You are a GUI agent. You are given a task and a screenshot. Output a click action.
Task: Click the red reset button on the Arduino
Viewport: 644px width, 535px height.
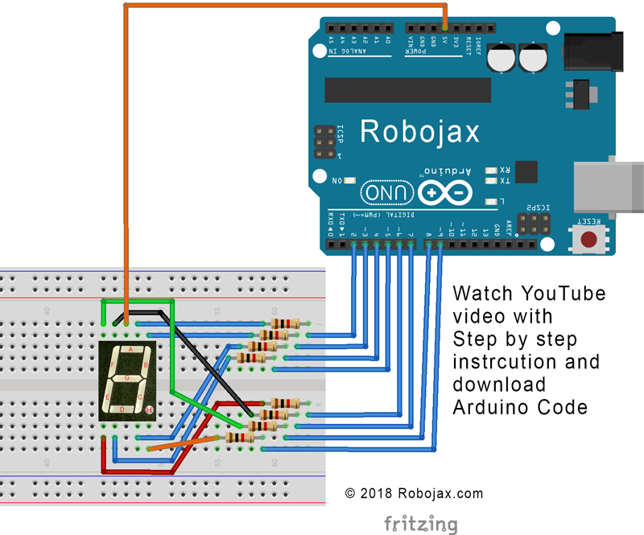[x=590, y=239]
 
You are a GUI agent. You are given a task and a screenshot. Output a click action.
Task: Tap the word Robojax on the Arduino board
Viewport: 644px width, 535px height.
[x=419, y=130]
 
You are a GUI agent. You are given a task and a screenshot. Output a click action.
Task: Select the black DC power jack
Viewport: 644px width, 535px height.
[x=594, y=52]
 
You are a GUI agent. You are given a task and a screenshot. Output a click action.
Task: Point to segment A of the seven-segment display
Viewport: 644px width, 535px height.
[x=129, y=350]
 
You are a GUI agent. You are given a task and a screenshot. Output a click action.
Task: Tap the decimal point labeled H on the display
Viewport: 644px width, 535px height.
[x=149, y=410]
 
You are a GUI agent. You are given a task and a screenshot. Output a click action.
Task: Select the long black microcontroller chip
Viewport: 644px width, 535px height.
[x=407, y=89]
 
